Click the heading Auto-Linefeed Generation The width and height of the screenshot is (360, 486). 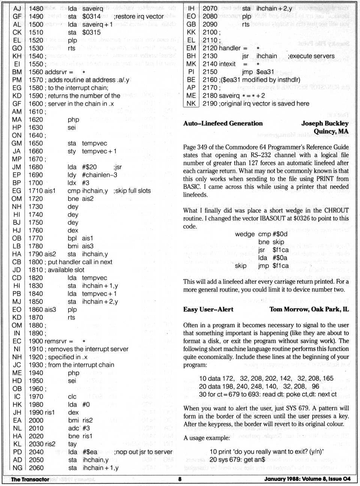223,123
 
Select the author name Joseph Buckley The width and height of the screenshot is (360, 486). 325,123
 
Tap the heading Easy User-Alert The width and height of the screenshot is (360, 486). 208,309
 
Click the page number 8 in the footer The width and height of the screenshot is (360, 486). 180,479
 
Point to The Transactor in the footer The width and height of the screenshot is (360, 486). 30,479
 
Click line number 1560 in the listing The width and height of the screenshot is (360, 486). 36,72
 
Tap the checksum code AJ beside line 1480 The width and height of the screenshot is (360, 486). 17,8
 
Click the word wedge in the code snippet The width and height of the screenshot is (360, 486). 245,234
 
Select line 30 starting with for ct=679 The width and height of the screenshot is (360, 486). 268,394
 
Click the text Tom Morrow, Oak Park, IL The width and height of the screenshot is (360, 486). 309,309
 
